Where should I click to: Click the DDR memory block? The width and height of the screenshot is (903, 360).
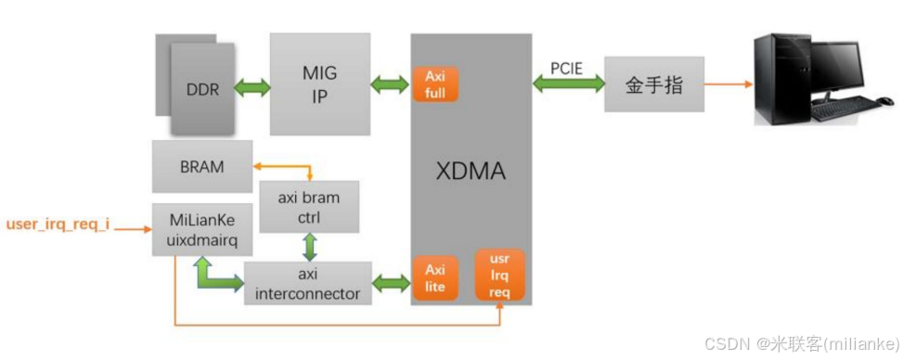tap(202, 89)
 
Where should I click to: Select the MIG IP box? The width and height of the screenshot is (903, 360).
tap(319, 84)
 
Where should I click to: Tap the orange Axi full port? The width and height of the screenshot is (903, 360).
tap(435, 84)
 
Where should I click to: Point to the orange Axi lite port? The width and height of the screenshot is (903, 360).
tap(435, 278)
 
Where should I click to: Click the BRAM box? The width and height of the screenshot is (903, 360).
tap(201, 167)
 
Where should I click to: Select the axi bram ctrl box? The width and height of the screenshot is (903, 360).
tap(309, 206)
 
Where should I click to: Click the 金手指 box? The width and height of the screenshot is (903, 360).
tap(654, 84)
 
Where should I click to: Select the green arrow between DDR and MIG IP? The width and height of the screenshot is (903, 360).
tap(252, 89)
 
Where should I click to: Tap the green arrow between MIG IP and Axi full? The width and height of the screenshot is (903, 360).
tap(390, 84)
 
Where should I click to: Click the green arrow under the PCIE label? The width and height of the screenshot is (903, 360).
tap(568, 84)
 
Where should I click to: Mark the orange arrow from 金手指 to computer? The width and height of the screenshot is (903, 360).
tap(728, 84)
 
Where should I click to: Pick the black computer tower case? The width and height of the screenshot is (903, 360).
tap(779, 78)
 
